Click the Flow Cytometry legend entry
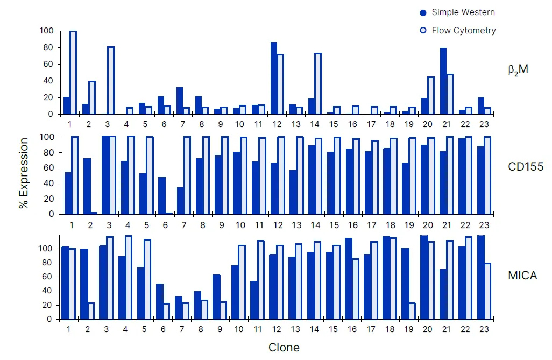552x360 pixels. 457,30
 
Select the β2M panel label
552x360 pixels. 518,70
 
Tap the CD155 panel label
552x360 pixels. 526,167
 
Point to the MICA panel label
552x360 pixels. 522,276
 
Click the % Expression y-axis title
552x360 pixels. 23,173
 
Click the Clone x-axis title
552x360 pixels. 284,347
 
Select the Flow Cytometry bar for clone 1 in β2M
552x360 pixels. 73,73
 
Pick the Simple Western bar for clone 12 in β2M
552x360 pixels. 274,78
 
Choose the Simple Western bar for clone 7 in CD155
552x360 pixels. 180,201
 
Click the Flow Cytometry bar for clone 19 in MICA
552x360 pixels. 412,311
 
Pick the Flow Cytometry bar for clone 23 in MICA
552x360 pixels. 487,291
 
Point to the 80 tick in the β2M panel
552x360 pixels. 49,47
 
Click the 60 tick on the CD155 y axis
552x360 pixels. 49,168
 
